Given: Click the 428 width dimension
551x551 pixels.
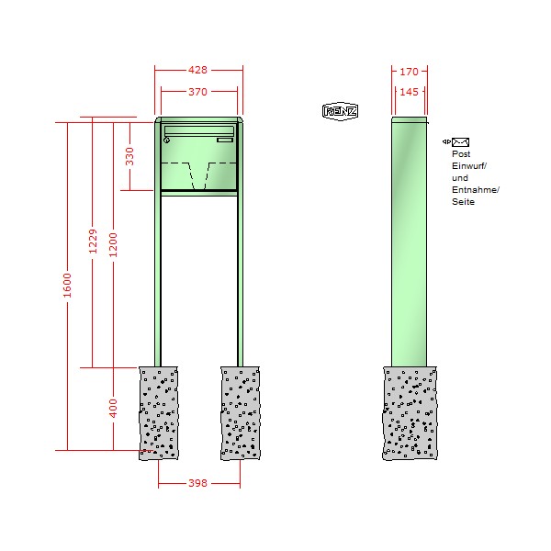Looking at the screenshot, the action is [197, 70].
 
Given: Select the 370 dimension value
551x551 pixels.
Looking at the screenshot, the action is [197, 92].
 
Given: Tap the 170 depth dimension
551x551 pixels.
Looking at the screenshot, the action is [409, 72].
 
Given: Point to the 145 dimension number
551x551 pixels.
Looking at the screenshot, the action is [409, 92].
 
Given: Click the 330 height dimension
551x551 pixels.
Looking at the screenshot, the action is [129, 156].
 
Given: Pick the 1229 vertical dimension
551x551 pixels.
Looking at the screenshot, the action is [93, 241].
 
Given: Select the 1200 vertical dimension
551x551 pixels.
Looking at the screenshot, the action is [113, 245].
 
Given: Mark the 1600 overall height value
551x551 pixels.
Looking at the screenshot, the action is [67, 286].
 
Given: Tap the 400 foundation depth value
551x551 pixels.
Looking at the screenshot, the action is [113, 409].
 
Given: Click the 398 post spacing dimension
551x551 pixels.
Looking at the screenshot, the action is [197, 483].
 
